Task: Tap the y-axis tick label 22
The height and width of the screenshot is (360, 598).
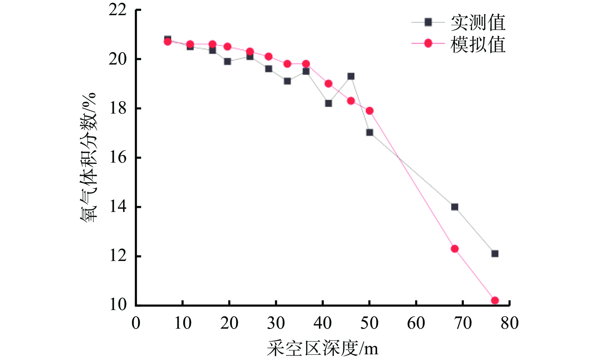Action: point(118,10)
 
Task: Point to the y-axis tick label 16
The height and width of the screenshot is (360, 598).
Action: point(118,157)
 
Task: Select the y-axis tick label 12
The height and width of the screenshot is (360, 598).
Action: point(118,256)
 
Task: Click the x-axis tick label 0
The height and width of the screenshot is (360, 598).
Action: point(136,323)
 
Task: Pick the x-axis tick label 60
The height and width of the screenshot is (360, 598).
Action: point(416,323)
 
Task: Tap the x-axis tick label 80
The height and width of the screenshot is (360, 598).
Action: point(509,323)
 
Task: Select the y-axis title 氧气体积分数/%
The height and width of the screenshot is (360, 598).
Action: point(88,157)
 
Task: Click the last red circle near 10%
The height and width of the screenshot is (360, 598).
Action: point(495,300)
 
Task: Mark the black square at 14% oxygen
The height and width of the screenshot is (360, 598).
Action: point(455,207)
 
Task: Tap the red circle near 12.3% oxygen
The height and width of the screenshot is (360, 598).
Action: point(455,249)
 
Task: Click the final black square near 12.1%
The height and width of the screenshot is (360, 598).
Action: point(495,253)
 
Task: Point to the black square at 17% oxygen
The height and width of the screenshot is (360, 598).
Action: point(370,133)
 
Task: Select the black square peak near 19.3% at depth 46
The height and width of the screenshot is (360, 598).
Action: point(351,76)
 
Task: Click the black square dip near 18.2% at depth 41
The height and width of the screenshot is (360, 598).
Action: point(328,103)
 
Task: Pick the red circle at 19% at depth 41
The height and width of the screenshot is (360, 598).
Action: point(328,84)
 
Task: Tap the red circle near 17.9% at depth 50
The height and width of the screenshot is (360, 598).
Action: point(370,111)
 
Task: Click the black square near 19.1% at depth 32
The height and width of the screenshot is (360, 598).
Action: point(287,81)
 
